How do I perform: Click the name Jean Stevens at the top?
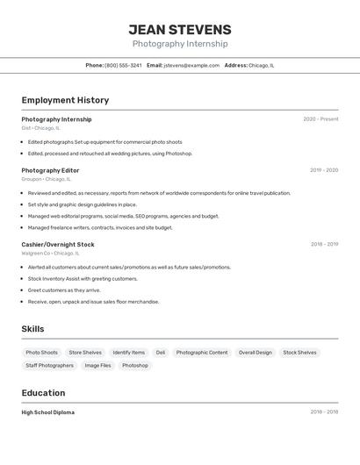point(180,29)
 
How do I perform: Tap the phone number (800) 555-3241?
point(123,65)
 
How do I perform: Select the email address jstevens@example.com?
point(191,65)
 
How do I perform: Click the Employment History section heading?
point(65,100)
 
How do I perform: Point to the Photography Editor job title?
point(50,170)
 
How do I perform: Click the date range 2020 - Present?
point(320,119)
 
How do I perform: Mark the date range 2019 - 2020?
point(324,170)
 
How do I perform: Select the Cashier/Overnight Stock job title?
point(58,245)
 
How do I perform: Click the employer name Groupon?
point(32,179)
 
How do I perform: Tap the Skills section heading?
point(33,329)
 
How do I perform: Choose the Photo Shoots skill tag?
point(41,353)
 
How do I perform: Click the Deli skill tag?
point(161,353)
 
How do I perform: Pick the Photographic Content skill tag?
point(202,353)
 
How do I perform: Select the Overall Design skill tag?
point(256,353)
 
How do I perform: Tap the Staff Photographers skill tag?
point(49,365)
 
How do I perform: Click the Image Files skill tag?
point(97,365)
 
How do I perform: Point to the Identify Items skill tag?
point(129,353)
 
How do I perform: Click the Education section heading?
point(43,393)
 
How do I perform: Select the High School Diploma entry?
point(48,412)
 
